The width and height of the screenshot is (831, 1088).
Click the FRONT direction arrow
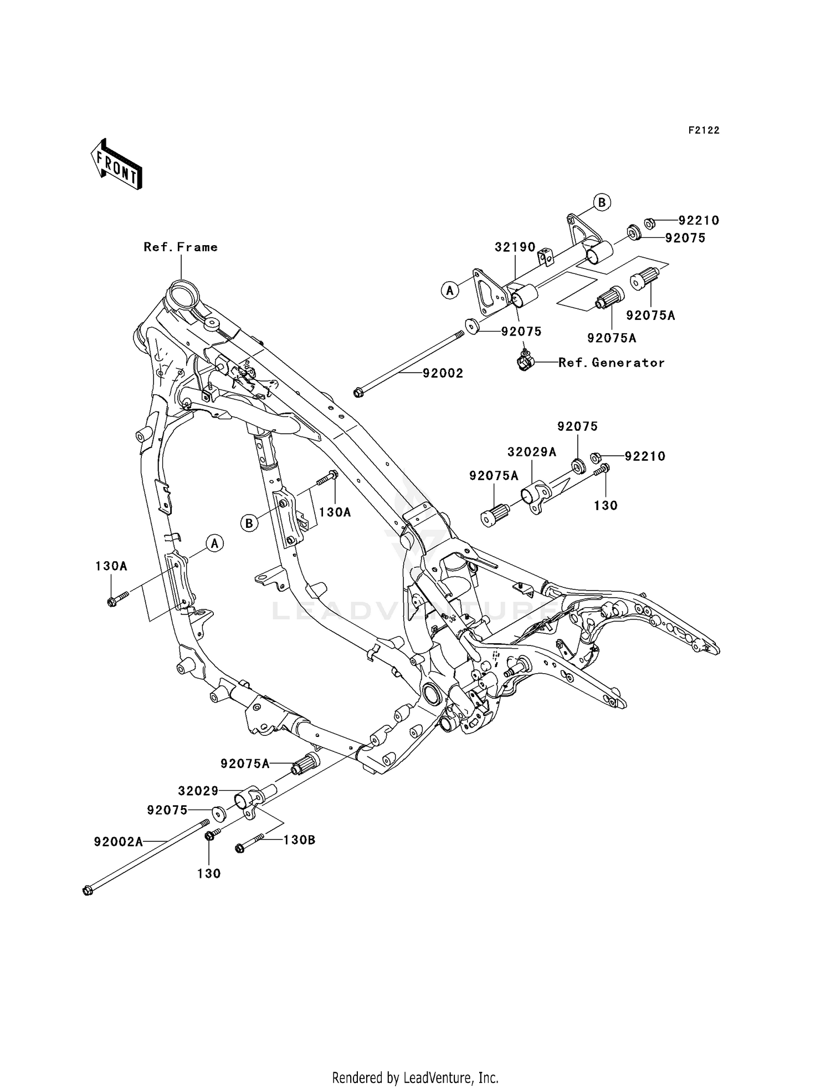click(116, 164)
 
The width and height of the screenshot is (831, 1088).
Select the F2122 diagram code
click(704, 130)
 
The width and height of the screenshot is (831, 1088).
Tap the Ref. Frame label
click(181, 247)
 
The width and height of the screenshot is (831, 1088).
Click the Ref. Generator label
click(611, 363)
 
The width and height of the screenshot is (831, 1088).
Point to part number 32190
click(515, 247)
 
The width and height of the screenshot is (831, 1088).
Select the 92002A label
click(118, 842)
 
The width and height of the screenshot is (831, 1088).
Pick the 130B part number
click(299, 840)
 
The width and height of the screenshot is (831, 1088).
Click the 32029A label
click(531, 452)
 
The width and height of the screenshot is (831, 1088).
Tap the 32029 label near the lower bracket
click(198, 791)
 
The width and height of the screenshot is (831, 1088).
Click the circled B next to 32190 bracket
click(602, 202)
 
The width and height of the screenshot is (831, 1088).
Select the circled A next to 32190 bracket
click(450, 289)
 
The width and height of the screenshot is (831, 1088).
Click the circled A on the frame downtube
click(215, 543)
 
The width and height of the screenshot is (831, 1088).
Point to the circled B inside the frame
click(249, 522)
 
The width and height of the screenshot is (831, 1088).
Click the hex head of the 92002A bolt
click(87, 891)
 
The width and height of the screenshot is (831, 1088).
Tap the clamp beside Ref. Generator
click(524, 362)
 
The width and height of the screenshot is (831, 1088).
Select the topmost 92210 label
click(699, 221)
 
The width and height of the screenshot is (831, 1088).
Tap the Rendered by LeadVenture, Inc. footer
click(415, 1077)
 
